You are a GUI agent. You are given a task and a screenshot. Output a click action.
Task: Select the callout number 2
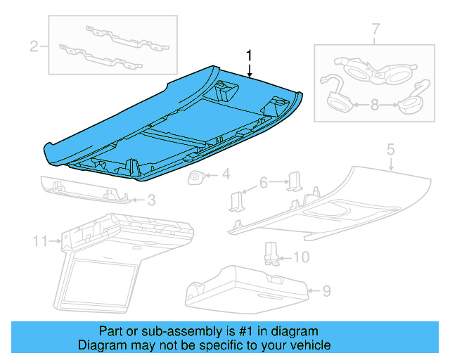pos(33,47)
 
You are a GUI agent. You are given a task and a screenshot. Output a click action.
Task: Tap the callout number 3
pos(150,200)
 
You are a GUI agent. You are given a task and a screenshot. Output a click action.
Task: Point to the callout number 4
pos(226,174)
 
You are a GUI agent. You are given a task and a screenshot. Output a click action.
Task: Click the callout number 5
pos(391,150)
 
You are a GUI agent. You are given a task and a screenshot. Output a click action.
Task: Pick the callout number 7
pos(375,30)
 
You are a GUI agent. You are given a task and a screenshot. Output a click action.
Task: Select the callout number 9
pos(326,289)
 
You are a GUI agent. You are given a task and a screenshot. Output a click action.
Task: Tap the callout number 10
pos(300,257)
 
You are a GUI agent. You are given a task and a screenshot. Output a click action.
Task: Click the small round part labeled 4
pos(195,178)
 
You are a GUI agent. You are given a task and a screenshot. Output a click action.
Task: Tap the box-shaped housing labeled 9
pos(246,286)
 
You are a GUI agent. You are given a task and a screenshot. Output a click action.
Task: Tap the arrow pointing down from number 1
pos(248,68)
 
